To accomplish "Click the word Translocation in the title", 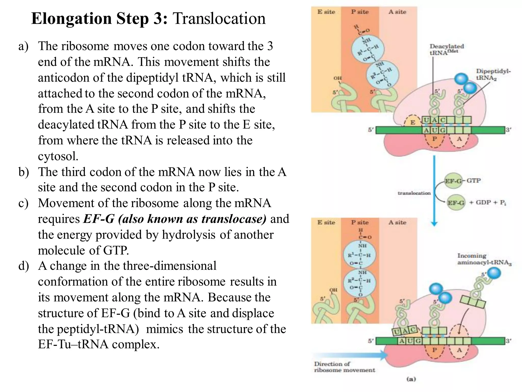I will (219, 19).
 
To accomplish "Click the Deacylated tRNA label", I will (446, 49).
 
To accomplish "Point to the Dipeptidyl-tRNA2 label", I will (493, 74).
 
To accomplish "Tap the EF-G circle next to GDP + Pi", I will (456, 203).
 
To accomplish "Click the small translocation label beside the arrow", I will (414, 193).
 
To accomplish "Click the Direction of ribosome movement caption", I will (344, 367).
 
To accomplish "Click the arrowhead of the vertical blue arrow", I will (434, 224).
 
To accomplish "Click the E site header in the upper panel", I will (326, 12).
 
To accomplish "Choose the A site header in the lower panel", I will (397, 223).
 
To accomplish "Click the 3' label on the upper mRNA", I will (508, 130).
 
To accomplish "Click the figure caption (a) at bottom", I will (411, 379).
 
